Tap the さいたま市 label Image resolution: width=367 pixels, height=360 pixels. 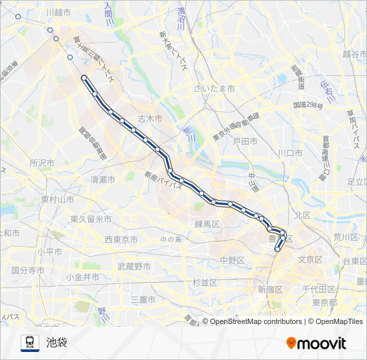pos(214,89)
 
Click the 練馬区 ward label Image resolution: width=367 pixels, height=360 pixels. pos(208,225)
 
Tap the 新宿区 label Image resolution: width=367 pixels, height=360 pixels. pos(270,289)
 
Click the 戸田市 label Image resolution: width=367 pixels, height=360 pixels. pos(245,141)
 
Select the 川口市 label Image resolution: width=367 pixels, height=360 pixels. pos(290,153)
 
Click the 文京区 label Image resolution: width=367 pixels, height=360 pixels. pos(310,259)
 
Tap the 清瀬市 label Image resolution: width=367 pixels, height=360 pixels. pos(103,180)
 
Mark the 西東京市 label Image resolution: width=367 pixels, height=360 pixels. pos(121,239)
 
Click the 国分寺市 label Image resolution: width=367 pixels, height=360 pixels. pos(28,271)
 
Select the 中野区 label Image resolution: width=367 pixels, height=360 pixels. pos(233,260)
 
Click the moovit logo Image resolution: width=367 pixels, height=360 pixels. pos(316,343)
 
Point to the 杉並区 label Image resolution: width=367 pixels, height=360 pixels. pos(205,283)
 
